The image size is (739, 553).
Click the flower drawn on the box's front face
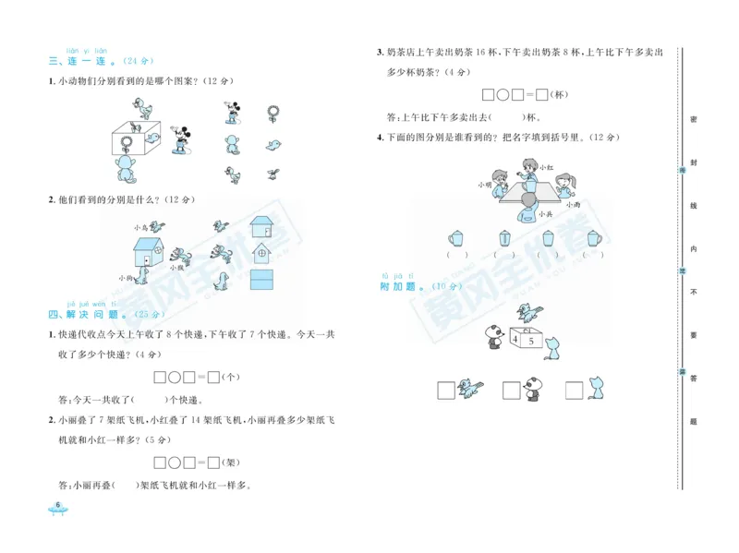[x=123, y=141]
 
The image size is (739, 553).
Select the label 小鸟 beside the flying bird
[x=140, y=226]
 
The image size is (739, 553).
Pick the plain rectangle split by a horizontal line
[x=262, y=279]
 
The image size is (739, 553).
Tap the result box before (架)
[x=212, y=462]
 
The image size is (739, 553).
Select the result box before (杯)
[x=542, y=93]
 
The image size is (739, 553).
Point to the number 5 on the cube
[x=529, y=342]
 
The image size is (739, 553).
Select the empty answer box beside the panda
[x=511, y=391]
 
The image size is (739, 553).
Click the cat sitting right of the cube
[x=554, y=348]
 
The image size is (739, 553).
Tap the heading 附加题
[x=399, y=286]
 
